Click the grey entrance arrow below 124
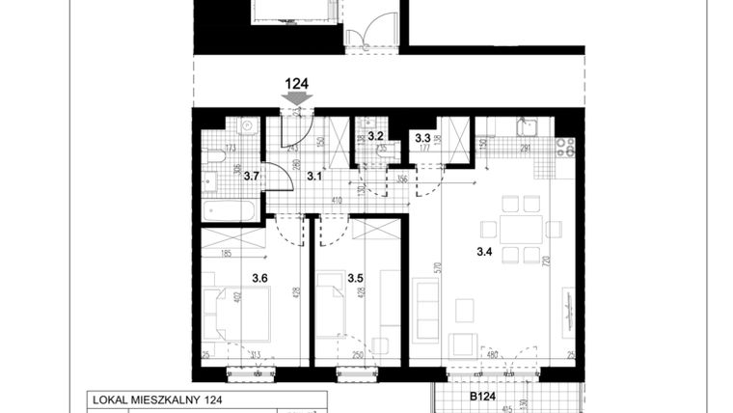(x=297, y=98)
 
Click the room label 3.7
(x=251, y=176)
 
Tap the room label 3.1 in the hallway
(x=314, y=176)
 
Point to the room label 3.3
(x=422, y=138)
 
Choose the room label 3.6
(x=259, y=278)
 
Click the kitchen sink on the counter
(x=526, y=127)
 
